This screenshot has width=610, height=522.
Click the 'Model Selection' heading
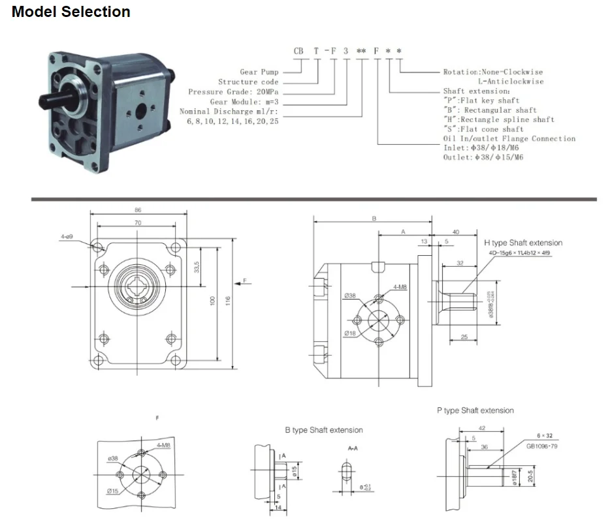71,12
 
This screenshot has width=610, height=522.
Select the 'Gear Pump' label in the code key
259,72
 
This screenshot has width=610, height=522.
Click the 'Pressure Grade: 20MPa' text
233,92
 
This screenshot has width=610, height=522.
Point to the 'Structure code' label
248,82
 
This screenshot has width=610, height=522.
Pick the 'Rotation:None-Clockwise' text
492,72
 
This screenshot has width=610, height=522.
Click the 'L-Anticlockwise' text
510,82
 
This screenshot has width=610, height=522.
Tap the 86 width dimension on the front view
137,211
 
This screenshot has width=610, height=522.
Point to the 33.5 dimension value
196,268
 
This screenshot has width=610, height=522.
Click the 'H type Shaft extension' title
522,243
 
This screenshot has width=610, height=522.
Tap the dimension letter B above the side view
374,219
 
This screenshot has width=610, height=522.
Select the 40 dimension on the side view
455,232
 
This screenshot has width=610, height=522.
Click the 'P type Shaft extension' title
475,410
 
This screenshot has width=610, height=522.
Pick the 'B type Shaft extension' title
323,430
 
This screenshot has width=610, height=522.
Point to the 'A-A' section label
352,448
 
